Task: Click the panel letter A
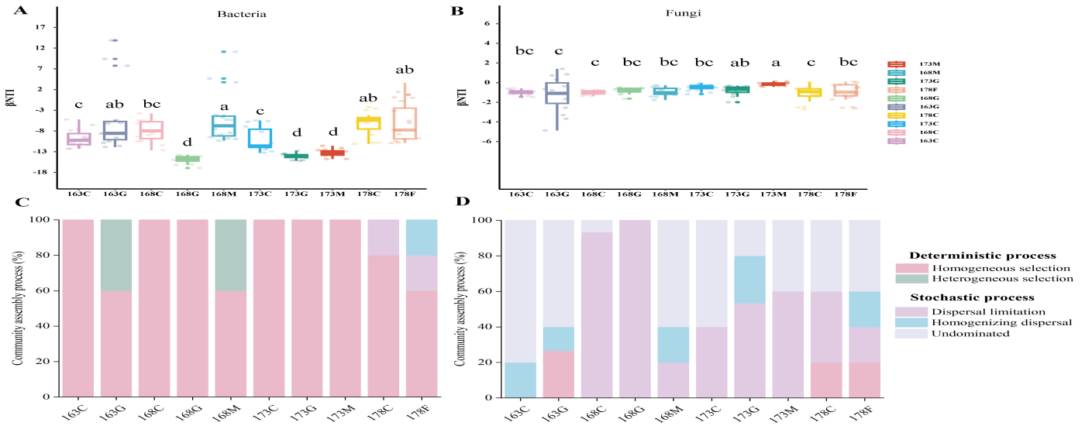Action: click(17, 11)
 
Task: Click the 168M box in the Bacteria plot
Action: click(224, 125)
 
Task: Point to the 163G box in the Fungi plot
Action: click(556, 93)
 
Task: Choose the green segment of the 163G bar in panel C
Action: click(115, 255)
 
